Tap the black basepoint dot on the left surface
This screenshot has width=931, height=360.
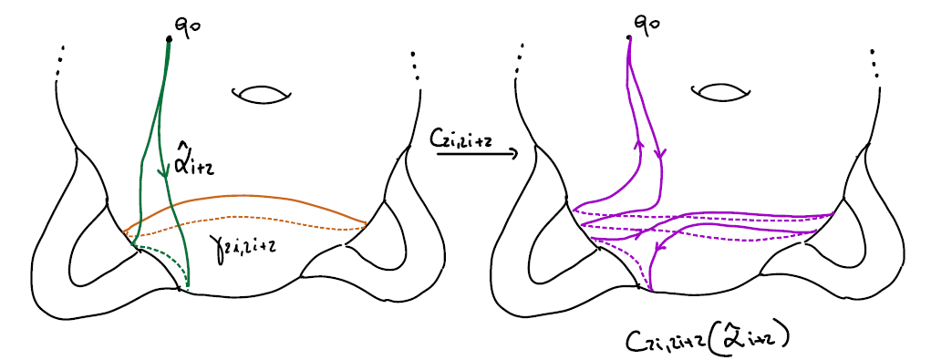point(169,38)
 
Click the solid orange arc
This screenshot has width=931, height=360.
point(246,197)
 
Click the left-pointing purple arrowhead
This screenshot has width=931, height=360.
point(662,243)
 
